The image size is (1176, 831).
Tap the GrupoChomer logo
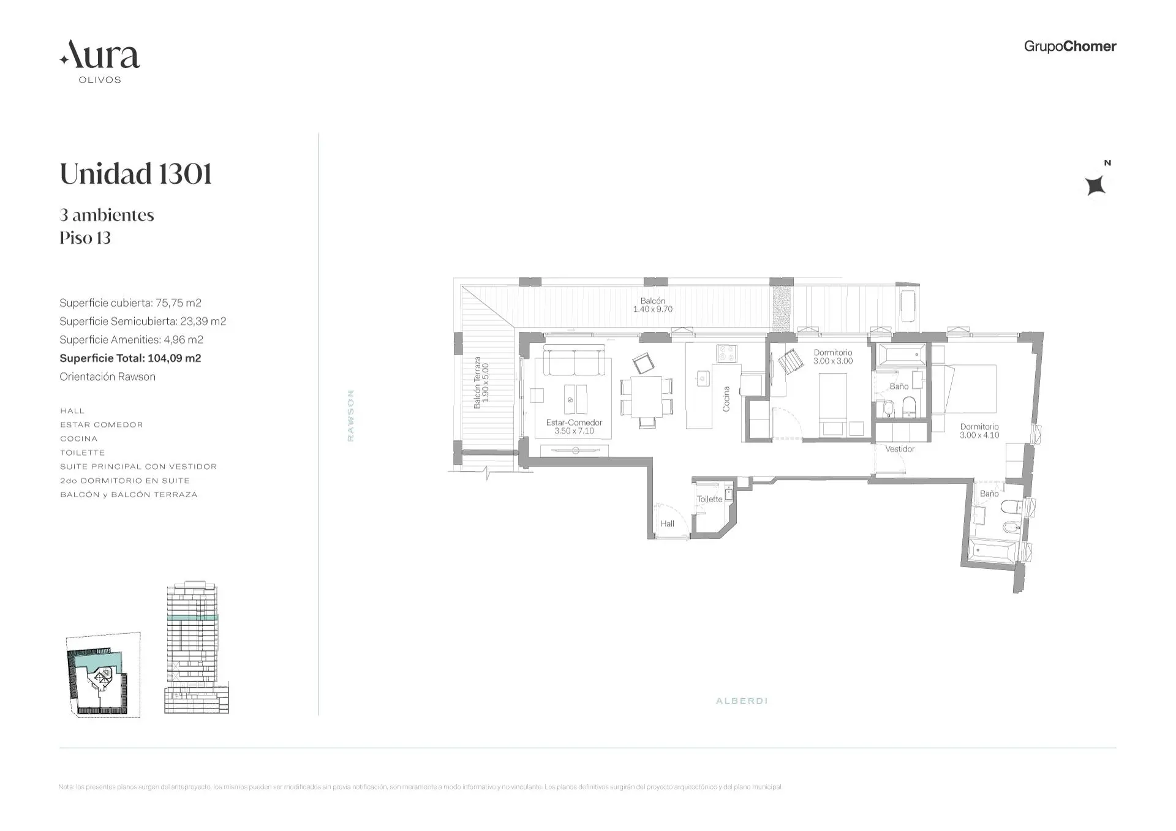click(x=1069, y=47)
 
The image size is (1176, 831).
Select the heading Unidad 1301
click(x=136, y=174)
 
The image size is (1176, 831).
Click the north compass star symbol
click(x=1095, y=185)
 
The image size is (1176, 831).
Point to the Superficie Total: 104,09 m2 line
click(x=130, y=358)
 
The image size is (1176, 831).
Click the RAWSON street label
click(x=350, y=415)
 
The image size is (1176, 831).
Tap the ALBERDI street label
click(x=741, y=701)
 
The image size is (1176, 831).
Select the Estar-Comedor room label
click(x=574, y=426)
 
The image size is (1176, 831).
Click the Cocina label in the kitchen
click(x=726, y=399)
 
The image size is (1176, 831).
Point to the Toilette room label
click(x=709, y=499)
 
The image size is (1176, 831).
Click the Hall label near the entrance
click(x=667, y=524)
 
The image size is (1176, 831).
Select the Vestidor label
click(x=899, y=449)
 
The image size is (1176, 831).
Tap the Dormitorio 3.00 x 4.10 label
click(x=979, y=431)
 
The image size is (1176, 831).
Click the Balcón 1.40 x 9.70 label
click(x=652, y=305)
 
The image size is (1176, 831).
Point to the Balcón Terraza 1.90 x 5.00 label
click(x=481, y=383)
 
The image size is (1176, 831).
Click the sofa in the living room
click(x=574, y=361)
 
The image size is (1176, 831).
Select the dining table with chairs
click(x=646, y=396)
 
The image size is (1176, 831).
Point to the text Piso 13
click(x=85, y=238)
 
